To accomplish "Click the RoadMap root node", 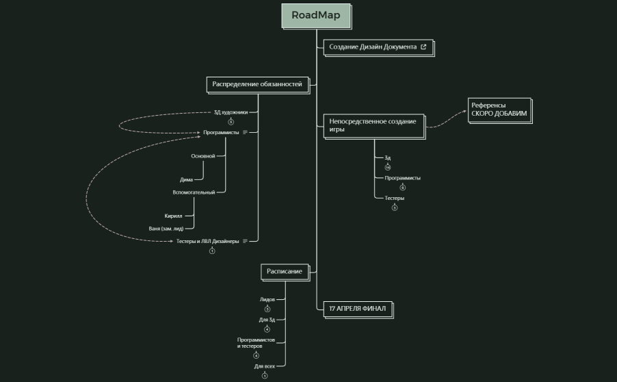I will click(x=316, y=16).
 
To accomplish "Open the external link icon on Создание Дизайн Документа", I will click(x=423, y=47).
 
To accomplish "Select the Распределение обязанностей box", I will click(x=257, y=84).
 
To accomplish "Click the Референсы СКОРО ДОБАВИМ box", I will click(x=499, y=110).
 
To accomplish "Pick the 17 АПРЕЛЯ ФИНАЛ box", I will click(x=357, y=309).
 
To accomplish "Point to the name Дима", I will click(x=186, y=179).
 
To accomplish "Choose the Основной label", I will click(x=202, y=156).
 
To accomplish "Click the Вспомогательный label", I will click(x=194, y=192).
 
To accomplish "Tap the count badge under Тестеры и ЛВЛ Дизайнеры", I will click(x=212, y=251).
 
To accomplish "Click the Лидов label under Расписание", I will click(x=267, y=299).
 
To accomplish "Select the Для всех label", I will click(x=264, y=366).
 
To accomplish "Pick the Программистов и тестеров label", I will click(x=256, y=343).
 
